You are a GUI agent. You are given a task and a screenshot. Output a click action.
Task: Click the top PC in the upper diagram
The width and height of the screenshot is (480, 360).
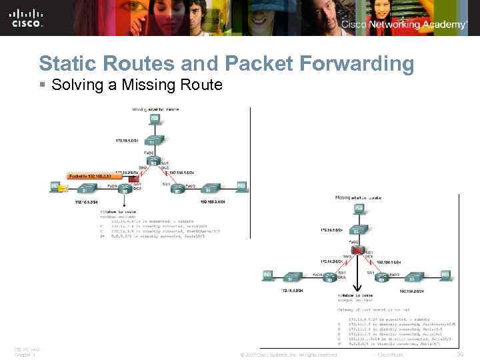(x=155, y=119)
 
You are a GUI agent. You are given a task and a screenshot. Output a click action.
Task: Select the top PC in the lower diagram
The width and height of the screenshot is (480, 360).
(x=359, y=209)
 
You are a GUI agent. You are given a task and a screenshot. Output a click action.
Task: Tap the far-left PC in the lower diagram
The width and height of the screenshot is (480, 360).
(x=267, y=274)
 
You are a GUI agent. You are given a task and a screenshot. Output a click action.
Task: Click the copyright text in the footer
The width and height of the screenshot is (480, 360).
(x=289, y=355)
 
